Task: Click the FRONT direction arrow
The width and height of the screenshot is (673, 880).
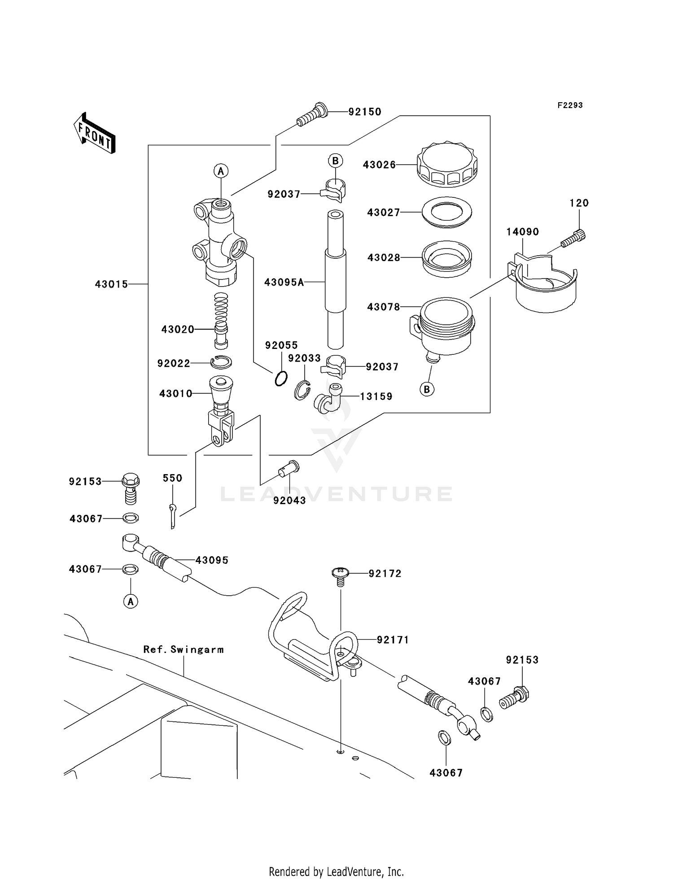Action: (x=95, y=133)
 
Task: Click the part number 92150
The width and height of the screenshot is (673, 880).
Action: (x=365, y=112)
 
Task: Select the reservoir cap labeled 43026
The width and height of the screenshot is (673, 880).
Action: (x=447, y=165)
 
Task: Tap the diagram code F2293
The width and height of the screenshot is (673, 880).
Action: (x=570, y=105)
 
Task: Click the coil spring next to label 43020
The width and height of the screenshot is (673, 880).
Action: (x=221, y=309)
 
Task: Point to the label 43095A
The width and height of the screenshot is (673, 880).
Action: (x=284, y=282)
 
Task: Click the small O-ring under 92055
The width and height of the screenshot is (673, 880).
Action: (x=281, y=379)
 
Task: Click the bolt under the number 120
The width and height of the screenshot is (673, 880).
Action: (x=575, y=238)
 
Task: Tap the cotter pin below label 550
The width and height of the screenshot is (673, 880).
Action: (x=173, y=515)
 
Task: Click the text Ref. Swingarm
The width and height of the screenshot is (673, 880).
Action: (x=184, y=649)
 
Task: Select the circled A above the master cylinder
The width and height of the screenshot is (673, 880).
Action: (x=220, y=171)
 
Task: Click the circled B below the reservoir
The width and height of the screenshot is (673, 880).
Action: (x=427, y=389)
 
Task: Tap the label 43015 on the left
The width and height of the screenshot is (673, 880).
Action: (x=111, y=284)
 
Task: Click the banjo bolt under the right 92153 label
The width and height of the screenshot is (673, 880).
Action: (x=515, y=698)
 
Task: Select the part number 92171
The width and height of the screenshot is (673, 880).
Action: (x=393, y=640)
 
